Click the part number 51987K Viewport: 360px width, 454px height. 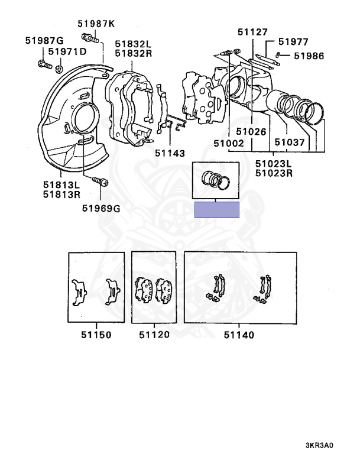click(96, 24)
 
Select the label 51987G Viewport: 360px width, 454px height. click(44, 41)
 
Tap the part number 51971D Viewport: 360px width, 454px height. click(67, 52)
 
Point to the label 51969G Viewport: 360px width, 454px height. click(100, 208)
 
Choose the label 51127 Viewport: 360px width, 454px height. click(252, 32)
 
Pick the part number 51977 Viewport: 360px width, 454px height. click(294, 41)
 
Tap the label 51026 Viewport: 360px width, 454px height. click(252, 132)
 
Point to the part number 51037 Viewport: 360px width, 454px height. click(286, 142)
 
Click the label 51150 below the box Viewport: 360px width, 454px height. click(96, 335)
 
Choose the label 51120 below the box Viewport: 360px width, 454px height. click(154, 335)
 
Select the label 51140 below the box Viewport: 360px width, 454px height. click(239, 335)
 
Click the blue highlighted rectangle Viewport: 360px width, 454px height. click(217, 209)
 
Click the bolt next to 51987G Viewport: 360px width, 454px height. click(43, 63)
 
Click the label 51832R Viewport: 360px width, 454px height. click(133, 53)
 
